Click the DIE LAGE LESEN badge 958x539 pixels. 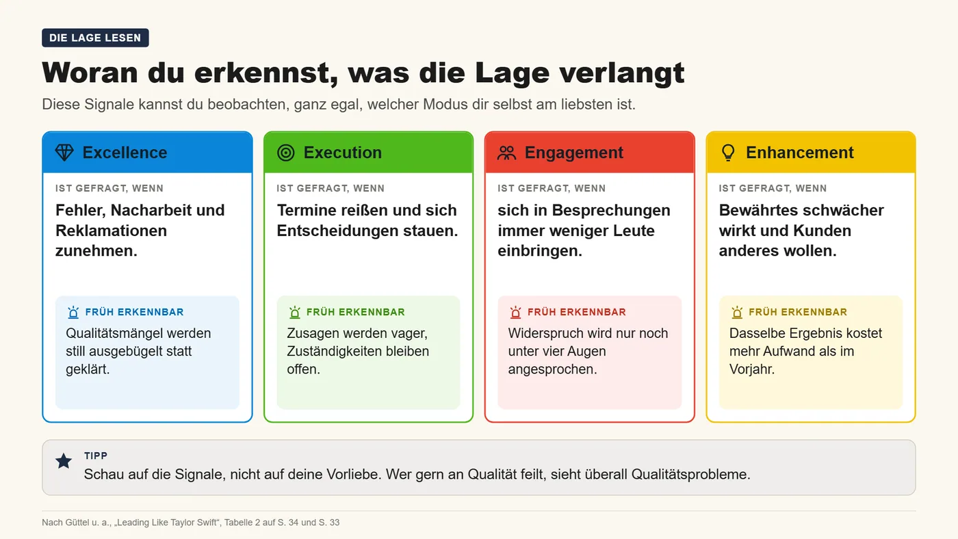click(x=95, y=38)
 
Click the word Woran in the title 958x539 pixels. click(x=90, y=73)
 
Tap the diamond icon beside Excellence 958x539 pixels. click(x=64, y=153)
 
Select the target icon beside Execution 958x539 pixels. click(x=286, y=153)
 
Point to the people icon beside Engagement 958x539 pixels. click(x=507, y=153)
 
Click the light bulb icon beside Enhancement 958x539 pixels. click(x=728, y=153)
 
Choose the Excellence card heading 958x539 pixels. click(x=125, y=153)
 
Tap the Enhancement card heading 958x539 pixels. click(x=800, y=153)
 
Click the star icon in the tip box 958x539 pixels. click(x=64, y=461)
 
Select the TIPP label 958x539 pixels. click(x=96, y=456)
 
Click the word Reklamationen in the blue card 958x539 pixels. click(x=111, y=231)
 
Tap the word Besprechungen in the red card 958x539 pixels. click(x=611, y=210)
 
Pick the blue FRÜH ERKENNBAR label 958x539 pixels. click(x=134, y=312)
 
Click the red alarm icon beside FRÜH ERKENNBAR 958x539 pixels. click(x=516, y=313)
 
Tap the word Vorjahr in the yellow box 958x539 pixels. click(x=752, y=369)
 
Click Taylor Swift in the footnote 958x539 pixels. click(x=194, y=523)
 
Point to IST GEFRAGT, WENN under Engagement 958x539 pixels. click(x=552, y=189)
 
